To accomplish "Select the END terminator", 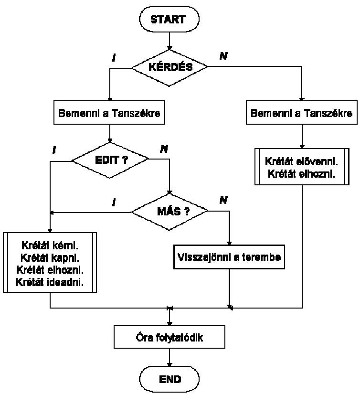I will click(x=169, y=379).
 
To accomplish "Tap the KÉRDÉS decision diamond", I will click(x=169, y=67).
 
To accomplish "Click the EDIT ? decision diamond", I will click(x=110, y=160).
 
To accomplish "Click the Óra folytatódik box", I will click(x=169, y=338).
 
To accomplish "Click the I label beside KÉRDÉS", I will click(x=114, y=58).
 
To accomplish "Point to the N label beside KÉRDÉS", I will click(x=223, y=56).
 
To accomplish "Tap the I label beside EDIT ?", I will click(x=54, y=150).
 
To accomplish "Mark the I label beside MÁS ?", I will click(x=114, y=202).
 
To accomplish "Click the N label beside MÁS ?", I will click(x=223, y=200).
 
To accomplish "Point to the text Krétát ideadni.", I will click(x=50, y=282).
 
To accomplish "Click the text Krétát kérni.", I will click(x=50, y=246).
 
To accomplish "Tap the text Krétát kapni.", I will click(x=50, y=258).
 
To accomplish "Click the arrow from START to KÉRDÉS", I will click(x=169, y=40).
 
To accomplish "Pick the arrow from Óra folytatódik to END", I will click(x=169, y=358).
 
